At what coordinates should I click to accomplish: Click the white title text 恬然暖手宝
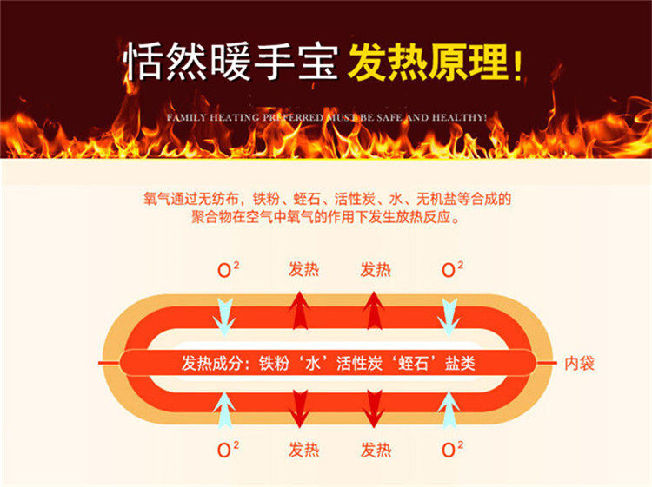coord(230,63)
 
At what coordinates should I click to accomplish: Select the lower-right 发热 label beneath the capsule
coord(376,450)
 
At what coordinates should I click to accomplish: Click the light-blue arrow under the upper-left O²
coord(225,314)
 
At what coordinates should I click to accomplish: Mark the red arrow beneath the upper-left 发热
coord(299,311)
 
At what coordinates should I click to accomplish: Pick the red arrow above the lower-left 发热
coord(299,408)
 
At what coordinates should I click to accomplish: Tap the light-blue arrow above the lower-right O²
coord(449,410)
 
